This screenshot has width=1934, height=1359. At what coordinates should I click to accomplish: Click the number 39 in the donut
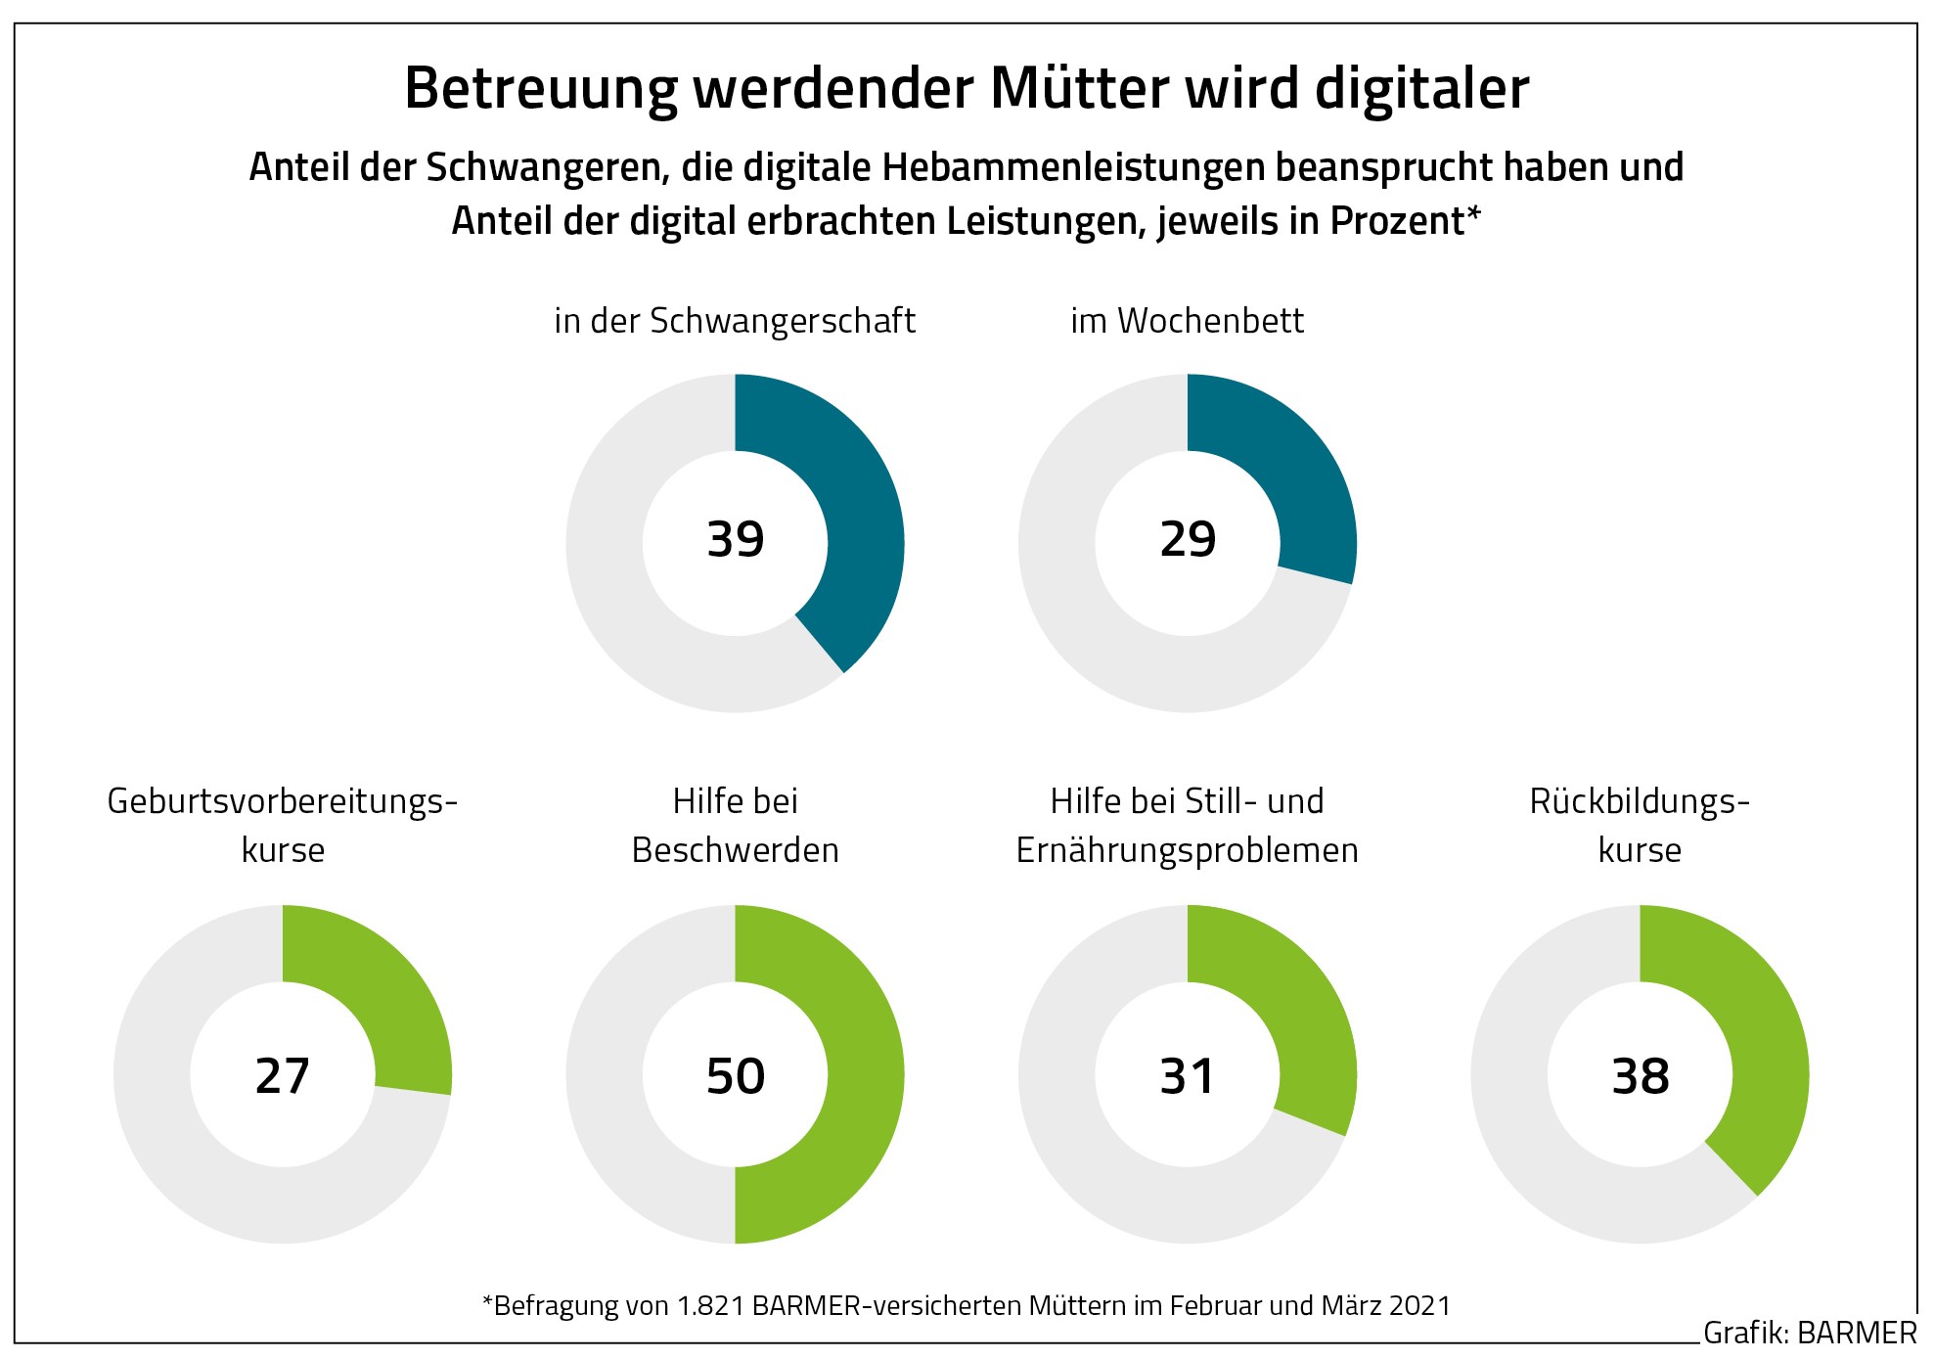click(x=736, y=539)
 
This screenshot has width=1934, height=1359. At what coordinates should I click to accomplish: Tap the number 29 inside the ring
click(x=1188, y=539)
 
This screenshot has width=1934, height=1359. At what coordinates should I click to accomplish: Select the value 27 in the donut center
click(x=283, y=1075)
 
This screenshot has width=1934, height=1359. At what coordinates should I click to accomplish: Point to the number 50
click(x=736, y=1075)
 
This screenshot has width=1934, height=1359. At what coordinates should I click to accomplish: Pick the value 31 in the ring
click(x=1188, y=1075)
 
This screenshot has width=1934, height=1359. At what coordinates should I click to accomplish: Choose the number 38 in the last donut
click(x=1641, y=1075)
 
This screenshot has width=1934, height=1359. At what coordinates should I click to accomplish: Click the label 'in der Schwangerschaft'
click(x=735, y=321)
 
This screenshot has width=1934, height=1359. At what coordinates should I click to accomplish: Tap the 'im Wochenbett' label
click(x=1187, y=321)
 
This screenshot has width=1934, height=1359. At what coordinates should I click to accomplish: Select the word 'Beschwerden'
click(x=736, y=850)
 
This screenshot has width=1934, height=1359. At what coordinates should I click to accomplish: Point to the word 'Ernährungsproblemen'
click(x=1188, y=850)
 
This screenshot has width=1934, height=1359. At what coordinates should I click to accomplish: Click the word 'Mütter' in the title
click(x=1079, y=89)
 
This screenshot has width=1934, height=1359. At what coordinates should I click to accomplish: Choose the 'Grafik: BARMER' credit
click(x=1809, y=1333)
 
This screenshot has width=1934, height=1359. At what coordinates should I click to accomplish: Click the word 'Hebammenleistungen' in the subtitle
click(x=1075, y=167)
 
